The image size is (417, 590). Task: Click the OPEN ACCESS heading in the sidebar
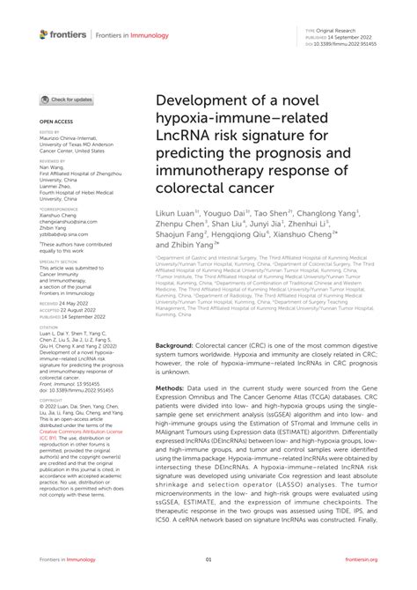[54, 123]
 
